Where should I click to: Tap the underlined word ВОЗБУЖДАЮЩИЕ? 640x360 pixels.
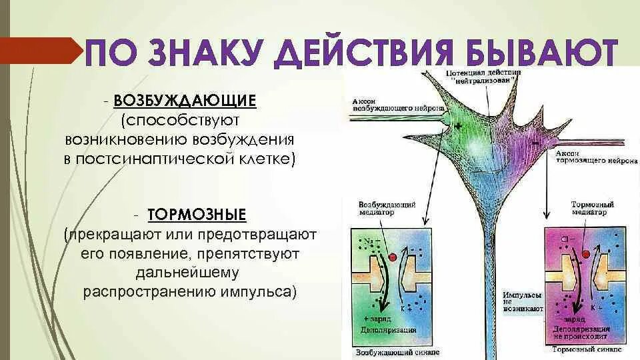[185, 101]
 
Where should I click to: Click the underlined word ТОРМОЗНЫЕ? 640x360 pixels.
[197, 215]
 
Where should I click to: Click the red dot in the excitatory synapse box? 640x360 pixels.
[392, 257]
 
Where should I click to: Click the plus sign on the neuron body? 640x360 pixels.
[458, 126]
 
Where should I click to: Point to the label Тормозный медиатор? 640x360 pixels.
[592, 208]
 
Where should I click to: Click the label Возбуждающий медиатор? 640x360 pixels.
[387, 208]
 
